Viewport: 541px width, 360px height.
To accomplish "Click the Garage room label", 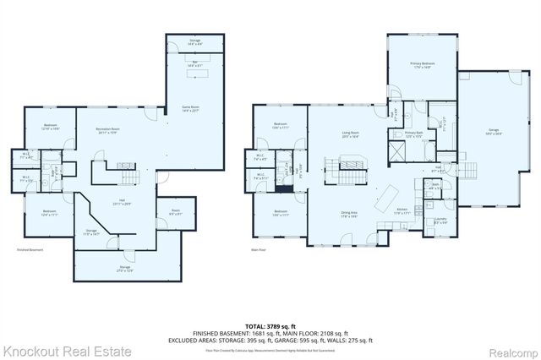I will click(492, 132).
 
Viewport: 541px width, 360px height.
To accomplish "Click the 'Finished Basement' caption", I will click(30, 250).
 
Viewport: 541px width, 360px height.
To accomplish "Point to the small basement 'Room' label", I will click(175, 212).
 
